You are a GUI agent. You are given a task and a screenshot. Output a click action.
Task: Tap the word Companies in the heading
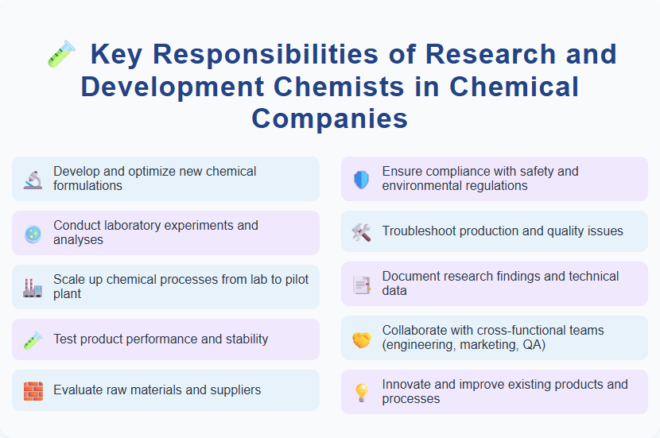pyautogui.click(x=330, y=118)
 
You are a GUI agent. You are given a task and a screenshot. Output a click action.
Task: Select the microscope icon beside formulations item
pyautogui.click(x=33, y=179)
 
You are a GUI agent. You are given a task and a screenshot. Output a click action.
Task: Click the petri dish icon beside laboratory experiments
pyautogui.click(x=33, y=233)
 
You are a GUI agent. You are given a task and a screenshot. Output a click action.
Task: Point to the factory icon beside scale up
pyautogui.click(x=33, y=287)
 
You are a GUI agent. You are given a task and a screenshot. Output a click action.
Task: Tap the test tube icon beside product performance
pyautogui.click(x=33, y=339)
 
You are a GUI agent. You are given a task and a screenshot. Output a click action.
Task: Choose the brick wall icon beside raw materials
pyautogui.click(x=33, y=390)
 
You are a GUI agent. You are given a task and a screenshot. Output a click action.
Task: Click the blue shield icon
pyautogui.click(x=362, y=179)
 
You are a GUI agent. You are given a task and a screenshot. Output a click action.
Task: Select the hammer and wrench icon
pyautogui.click(x=362, y=231)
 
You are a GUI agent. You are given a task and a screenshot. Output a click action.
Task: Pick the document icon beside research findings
pyautogui.click(x=362, y=284)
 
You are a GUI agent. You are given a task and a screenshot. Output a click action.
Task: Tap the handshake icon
pyautogui.click(x=362, y=338)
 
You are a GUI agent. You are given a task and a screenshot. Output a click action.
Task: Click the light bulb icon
pyautogui.click(x=362, y=392)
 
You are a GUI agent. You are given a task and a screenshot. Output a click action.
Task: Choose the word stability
pyautogui.click(x=243, y=339)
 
